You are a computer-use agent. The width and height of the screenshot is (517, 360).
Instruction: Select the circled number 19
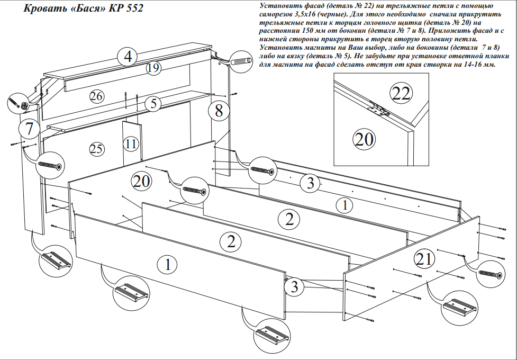[x=153, y=68]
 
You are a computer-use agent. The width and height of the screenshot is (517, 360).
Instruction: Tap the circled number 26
[x=97, y=96]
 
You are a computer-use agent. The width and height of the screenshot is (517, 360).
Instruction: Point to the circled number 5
[x=153, y=103]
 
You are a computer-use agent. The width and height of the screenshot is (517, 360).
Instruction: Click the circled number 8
[x=219, y=111]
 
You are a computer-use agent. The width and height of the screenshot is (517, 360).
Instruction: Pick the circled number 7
[x=29, y=128]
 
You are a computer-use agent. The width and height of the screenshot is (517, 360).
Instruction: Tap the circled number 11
[x=131, y=143]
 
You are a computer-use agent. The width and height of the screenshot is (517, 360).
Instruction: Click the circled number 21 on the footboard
[x=425, y=258]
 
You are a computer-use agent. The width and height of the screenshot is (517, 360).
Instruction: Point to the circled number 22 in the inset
[x=401, y=94]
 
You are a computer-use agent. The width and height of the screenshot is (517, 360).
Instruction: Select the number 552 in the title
[x=133, y=9]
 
